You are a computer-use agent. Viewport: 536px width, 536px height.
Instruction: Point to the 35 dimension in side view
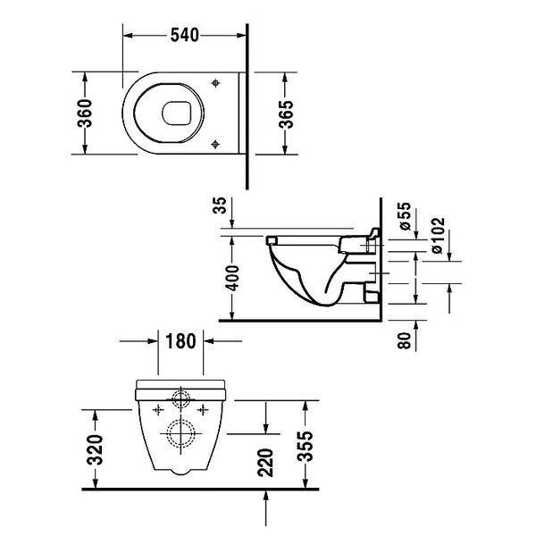[222, 207]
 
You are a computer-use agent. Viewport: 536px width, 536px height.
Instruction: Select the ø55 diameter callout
[405, 217]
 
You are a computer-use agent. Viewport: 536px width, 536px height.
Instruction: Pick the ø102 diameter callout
[439, 234]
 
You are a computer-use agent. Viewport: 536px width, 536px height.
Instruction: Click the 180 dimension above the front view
[181, 340]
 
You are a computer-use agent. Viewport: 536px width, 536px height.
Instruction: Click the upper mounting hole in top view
[217, 82]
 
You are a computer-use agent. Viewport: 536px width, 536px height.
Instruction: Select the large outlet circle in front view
[182, 434]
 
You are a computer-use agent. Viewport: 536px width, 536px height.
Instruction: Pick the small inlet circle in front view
[182, 398]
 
